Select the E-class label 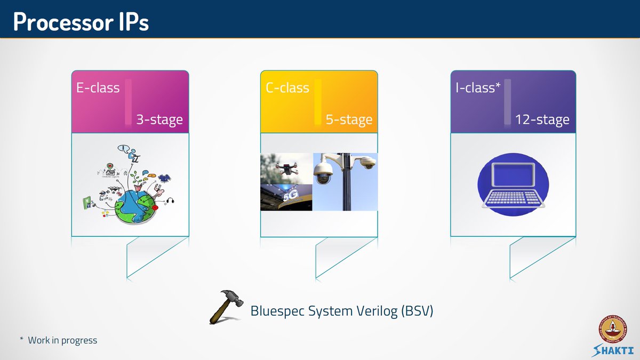pos(98,88)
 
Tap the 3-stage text pos(159,119)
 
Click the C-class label pos(287,88)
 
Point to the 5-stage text pos(349,119)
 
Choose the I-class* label pos(478,88)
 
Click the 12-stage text pos(542,119)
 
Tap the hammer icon pos(226,307)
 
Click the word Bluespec pos(278,311)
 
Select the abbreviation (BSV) pos(415,311)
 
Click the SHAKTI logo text pos(613,350)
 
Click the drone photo pos(286,168)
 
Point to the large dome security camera pos(323,172)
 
